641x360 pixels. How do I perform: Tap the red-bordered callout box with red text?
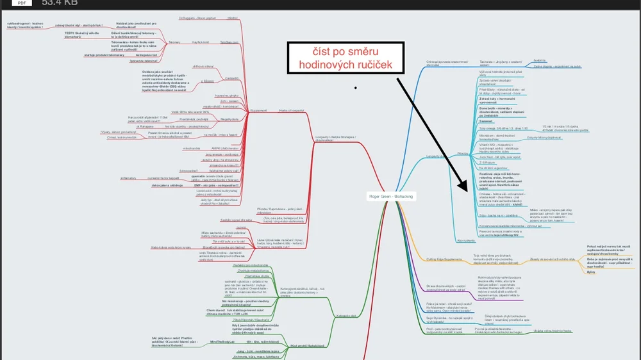[x=346, y=58]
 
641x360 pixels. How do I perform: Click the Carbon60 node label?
[x=231, y=78]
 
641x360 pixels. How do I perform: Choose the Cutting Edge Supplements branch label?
[x=444, y=259]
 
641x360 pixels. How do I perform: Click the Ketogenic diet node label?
[x=345, y=315]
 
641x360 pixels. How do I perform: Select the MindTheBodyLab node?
[x=222, y=341]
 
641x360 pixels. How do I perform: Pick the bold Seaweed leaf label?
[x=486, y=121]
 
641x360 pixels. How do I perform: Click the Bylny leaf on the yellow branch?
[x=591, y=272]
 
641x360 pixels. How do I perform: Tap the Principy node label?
[x=463, y=154]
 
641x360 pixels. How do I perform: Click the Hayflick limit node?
[x=201, y=42]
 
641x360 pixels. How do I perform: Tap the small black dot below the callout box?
[x=355, y=86]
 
